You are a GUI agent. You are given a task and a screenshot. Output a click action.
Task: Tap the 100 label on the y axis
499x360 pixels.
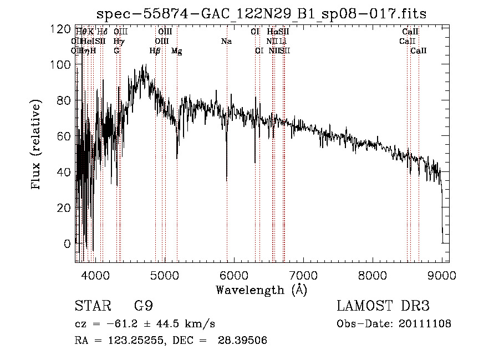click(64, 64)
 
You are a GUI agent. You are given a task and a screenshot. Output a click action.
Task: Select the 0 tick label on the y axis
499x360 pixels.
click(68, 244)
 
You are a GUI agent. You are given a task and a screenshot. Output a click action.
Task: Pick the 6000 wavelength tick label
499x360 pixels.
click(234, 273)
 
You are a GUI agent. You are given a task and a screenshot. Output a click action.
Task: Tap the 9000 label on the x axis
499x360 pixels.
click(442, 273)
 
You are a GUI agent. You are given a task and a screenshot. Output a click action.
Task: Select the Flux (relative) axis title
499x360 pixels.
click(37, 145)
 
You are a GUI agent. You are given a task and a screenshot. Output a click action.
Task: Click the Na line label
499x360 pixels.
click(226, 42)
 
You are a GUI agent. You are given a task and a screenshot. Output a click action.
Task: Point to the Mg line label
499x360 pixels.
click(176, 51)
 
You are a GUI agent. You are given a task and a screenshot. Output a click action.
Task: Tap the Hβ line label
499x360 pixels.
click(155, 51)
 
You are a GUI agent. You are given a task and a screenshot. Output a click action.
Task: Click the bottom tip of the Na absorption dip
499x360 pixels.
click(226, 181)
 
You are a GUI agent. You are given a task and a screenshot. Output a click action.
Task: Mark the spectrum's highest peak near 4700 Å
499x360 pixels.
click(145, 65)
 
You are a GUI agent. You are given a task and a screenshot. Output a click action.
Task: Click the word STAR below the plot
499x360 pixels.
click(92, 306)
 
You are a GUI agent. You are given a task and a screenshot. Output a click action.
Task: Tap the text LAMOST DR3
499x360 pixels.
click(383, 306)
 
